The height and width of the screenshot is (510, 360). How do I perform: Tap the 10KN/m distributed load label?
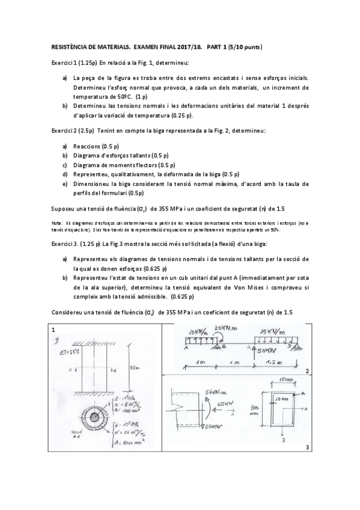coord(197,332)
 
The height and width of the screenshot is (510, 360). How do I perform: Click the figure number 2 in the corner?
coord(307,372)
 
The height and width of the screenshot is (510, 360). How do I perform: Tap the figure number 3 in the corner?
coord(307,447)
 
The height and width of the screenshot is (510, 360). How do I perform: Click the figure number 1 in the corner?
coord(53,329)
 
